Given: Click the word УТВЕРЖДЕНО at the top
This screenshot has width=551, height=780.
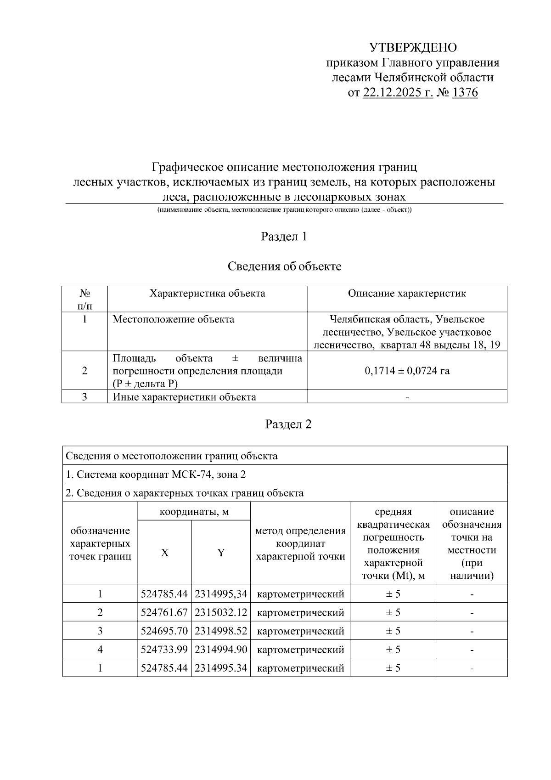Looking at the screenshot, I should (x=413, y=48).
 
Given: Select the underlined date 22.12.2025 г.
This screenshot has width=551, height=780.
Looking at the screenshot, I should (x=398, y=93).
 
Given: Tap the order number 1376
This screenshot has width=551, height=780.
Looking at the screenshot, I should (x=465, y=93).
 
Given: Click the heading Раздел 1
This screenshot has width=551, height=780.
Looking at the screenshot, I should (x=284, y=237).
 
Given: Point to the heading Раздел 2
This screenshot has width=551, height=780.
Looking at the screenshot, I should (x=288, y=424).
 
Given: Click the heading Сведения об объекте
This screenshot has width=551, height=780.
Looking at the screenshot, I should (x=284, y=266).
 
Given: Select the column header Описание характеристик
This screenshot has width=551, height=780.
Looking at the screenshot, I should (x=406, y=294).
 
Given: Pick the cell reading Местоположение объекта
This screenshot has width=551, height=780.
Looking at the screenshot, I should (x=173, y=319).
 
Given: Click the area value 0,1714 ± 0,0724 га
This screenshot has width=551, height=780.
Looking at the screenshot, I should (x=407, y=371).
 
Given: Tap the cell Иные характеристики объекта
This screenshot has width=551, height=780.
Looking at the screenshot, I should (x=184, y=397).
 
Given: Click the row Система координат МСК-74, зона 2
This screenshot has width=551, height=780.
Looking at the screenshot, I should (x=156, y=474).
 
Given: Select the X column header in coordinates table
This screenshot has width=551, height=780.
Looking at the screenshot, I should (x=164, y=553).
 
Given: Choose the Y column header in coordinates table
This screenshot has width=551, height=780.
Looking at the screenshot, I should (x=221, y=553).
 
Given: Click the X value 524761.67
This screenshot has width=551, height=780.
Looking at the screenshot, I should (x=164, y=613).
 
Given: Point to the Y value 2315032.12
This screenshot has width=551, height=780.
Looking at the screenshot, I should (x=221, y=613).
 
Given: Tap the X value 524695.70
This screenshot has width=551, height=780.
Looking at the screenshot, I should (x=164, y=631).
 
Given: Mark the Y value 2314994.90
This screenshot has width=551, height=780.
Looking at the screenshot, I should (x=221, y=650).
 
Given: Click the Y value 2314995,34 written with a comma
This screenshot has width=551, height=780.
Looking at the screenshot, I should (x=221, y=594).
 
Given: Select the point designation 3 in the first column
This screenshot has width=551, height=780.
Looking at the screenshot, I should (x=100, y=631).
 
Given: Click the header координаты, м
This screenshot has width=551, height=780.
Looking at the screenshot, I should (x=194, y=511).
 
